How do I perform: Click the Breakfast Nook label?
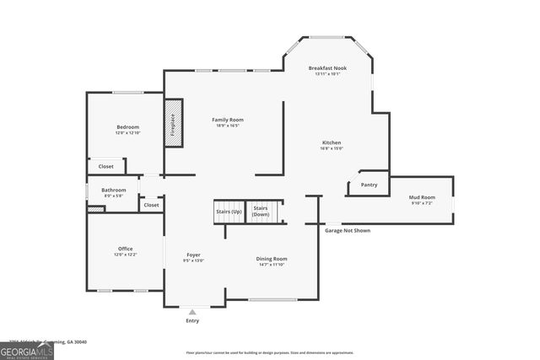(327, 67)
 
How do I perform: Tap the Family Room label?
(227, 120)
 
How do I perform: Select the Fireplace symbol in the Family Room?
(174, 124)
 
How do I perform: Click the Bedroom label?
(127, 126)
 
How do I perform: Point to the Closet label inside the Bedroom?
(105, 166)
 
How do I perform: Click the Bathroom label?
(113, 190)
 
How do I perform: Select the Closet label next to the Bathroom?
(151, 205)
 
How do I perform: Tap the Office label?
(125, 249)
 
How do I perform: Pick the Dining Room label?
(272, 258)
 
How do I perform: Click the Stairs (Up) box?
(229, 211)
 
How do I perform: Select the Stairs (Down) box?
(262, 211)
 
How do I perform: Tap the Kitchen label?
(332, 142)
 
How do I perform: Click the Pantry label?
(369, 185)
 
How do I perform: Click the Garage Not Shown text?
(347, 229)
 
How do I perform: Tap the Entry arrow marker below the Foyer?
(193, 312)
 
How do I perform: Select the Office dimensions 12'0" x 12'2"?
(125, 255)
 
